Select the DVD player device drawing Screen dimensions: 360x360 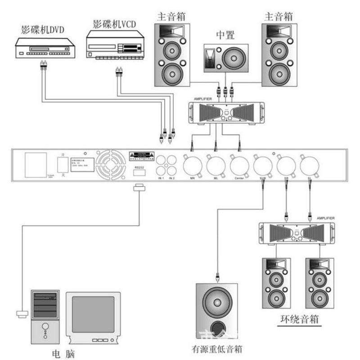[45, 49]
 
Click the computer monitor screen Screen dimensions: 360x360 [93, 314]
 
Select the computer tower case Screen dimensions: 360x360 [45, 315]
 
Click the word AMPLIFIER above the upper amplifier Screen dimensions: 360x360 [202, 99]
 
